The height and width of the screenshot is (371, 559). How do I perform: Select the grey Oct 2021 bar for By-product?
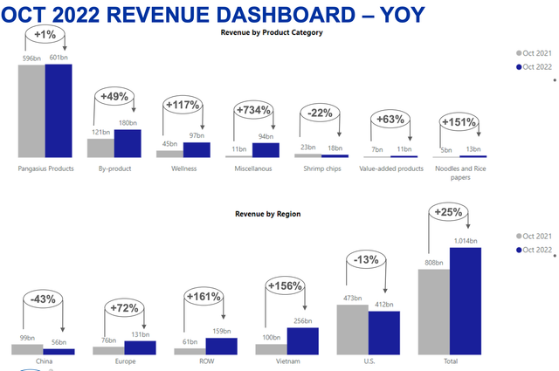101,148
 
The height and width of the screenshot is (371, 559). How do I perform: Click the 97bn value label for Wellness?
197,136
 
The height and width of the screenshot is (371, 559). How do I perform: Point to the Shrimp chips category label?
321,168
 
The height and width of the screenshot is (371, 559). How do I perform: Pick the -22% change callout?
320,113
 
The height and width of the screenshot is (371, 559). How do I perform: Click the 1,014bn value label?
464,241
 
